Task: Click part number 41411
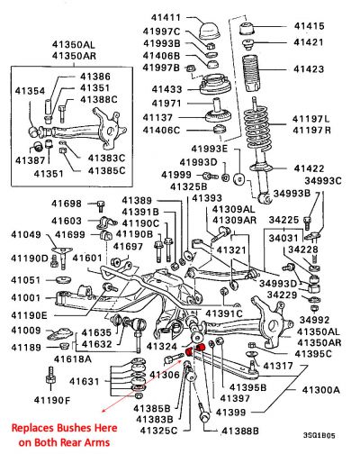point(166,17)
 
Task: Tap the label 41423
point(309,69)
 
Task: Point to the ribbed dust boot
point(250,73)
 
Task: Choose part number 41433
point(166,89)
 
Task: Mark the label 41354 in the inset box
point(30,91)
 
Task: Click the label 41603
point(67,221)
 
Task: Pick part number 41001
point(25,298)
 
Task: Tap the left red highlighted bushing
point(189,351)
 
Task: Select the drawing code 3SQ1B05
point(319,435)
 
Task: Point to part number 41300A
point(321,390)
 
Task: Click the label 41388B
point(240,431)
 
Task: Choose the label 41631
point(84,381)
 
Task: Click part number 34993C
point(323,181)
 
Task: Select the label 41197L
point(310,119)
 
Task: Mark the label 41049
point(26,234)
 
